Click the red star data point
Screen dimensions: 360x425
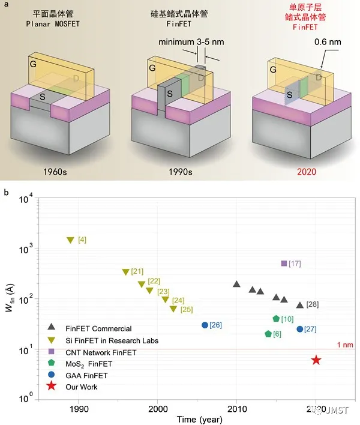tap(316, 360)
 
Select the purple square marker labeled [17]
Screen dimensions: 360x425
tap(284, 263)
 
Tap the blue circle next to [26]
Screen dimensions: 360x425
tap(205, 325)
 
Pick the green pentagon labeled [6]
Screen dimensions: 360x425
tap(268, 334)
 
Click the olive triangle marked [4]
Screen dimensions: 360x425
tap(70, 240)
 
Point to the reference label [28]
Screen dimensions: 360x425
tap(313, 304)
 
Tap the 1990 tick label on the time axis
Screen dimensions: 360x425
tap(79, 409)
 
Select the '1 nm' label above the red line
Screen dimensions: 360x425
tap(345, 345)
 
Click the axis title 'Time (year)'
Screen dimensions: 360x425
tap(200, 420)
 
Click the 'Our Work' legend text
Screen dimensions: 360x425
tap(81, 387)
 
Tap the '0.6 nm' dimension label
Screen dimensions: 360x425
tap(328, 42)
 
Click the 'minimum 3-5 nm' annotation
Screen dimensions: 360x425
tap(191, 42)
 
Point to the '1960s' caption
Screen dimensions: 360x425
tap(55, 172)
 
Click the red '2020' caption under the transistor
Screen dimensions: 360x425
tap(307, 172)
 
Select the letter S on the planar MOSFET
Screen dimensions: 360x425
tap(42, 97)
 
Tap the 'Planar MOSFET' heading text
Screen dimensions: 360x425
tap(53, 24)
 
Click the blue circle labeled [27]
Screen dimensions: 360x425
tap(300, 329)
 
